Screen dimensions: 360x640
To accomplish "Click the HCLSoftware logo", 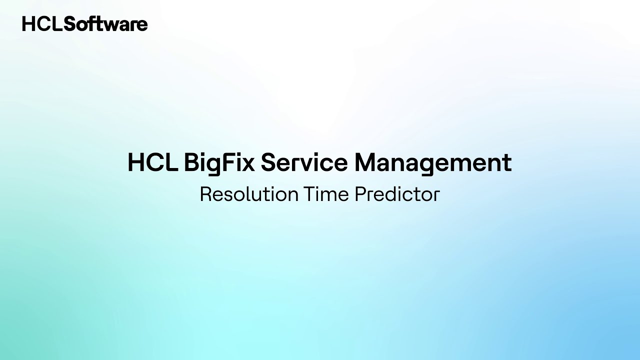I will coord(84,24).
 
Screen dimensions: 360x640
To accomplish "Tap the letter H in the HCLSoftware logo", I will coord(28,24).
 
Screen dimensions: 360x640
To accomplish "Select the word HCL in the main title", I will coord(152,163).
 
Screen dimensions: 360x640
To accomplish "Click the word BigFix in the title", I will coord(219,163).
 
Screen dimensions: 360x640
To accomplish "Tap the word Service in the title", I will coord(303,163).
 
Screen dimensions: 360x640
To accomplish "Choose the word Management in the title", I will coord(433,163).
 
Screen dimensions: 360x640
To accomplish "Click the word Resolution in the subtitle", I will coord(248,194).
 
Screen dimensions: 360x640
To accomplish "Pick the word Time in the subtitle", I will coord(326,194).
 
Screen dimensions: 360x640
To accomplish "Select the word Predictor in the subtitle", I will coord(397,194).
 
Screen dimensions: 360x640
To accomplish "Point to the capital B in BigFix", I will coord(191,163).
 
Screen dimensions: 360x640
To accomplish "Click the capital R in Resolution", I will coord(205,194).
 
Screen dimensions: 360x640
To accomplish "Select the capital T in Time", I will coord(308,194).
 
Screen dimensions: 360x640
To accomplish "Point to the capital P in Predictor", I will coord(360,194).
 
